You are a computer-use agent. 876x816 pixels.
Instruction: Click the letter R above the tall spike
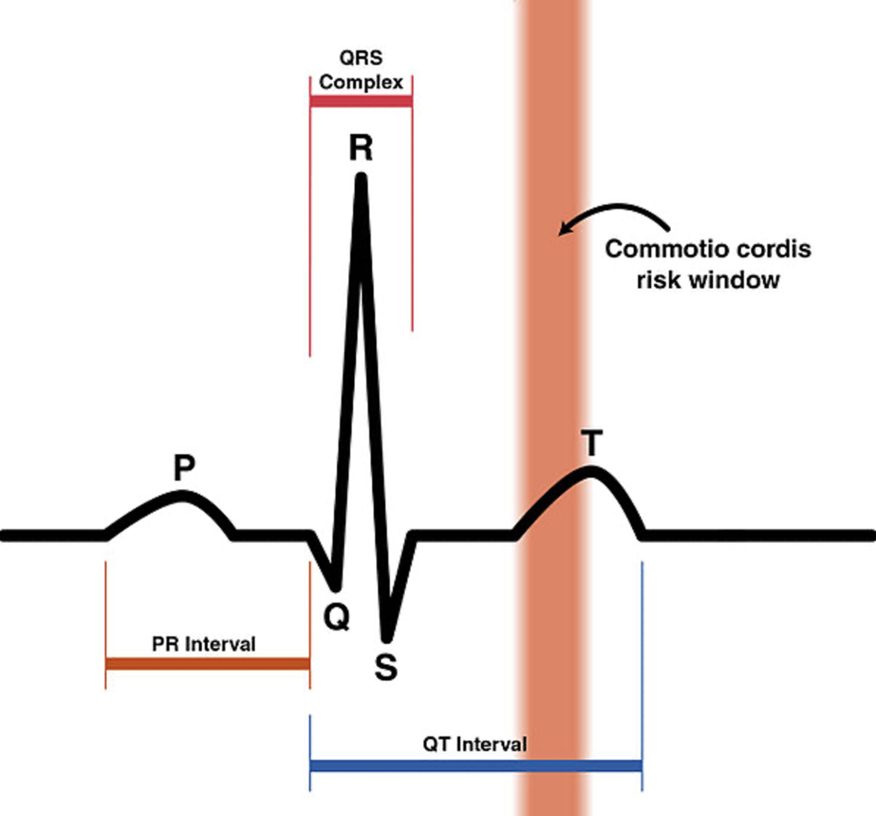pyautogui.click(x=360, y=148)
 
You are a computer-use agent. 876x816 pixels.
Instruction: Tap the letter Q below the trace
pyautogui.click(x=337, y=617)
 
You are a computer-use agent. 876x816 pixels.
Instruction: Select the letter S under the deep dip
pyautogui.click(x=387, y=667)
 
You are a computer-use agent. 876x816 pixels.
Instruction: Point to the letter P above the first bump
pyautogui.click(x=184, y=468)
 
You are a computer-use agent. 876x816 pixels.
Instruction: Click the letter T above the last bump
pyautogui.click(x=591, y=444)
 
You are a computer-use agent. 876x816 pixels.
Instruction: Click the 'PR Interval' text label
pyautogui.click(x=204, y=644)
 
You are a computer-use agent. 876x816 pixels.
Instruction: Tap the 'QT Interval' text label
pyautogui.click(x=475, y=743)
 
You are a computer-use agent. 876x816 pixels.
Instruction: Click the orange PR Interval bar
pyautogui.click(x=207, y=664)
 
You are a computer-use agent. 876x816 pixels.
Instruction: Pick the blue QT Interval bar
pyautogui.click(x=475, y=765)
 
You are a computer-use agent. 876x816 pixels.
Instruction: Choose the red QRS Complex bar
pyautogui.click(x=361, y=102)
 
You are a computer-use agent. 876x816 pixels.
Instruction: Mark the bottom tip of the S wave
pyautogui.click(x=387, y=637)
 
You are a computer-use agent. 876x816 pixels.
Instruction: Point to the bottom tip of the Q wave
pyautogui.click(x=335, y=587)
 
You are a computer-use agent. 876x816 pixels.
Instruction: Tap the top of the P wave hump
pyautogui.click(x=181, y=496)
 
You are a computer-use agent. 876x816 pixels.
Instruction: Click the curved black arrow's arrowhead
pyautogui.click(x=563, y=230)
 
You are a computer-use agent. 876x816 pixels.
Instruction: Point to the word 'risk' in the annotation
pyautogui.click(x=656, y=280)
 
